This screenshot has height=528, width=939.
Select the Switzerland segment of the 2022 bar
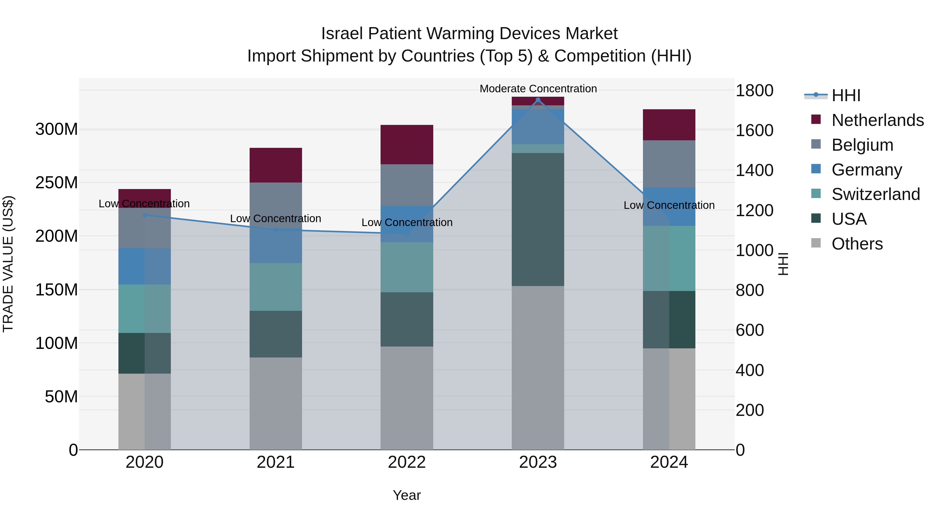pyautogui.click(x=407, y=267)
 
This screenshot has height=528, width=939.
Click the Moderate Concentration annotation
pyautogui.click(x=538, y=89)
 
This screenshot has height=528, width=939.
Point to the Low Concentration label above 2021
pyautogui.click(x=276, y=219)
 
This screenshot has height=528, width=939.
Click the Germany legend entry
pyautogui.click(x=866, y=170)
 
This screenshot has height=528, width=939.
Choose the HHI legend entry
pyautogui.click(x=846, y=95)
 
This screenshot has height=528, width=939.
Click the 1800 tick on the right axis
pyautogui.click(x=754, y=90)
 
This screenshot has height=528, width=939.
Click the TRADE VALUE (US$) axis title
pyautogui.click(x=8, y=264)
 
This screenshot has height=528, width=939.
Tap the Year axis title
pyautogui.click(x=407, y=495)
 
